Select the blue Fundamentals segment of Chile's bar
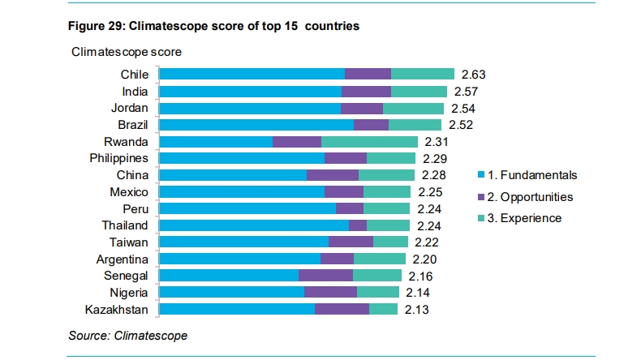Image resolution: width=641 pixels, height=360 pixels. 252,75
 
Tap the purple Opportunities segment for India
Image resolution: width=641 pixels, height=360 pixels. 366,92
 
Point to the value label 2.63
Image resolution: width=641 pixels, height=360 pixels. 473,75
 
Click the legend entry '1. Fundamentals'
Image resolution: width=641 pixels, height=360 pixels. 532,175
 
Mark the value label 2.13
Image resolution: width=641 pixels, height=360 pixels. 417,310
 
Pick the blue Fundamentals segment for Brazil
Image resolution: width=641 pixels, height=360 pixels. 256,125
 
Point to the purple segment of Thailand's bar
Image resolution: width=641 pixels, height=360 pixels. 357,225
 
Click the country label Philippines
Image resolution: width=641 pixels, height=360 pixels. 118,158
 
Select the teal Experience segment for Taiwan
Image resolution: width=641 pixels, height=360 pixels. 390,242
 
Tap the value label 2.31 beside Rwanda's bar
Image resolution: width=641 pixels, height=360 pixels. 437,142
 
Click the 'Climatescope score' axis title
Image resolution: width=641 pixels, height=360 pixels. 126,52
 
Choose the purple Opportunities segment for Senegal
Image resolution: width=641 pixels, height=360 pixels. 325,276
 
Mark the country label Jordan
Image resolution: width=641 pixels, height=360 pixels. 129,108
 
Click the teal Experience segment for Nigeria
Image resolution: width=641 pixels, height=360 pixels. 377,293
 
